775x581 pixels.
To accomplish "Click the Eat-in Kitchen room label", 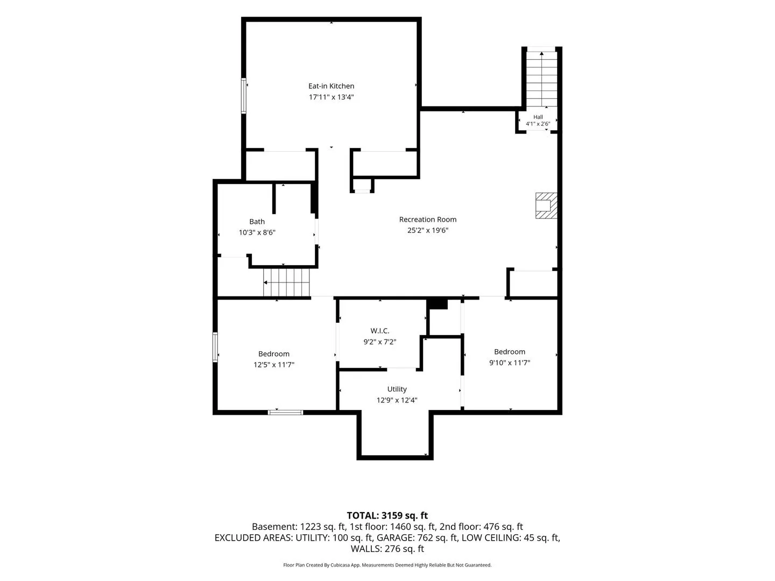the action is [x=331, y=86].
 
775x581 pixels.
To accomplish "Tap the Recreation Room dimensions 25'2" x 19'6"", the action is [x=427, y=230].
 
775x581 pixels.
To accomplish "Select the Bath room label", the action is [x=257, y=222].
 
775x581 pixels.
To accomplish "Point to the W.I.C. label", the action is [x=379, y=330].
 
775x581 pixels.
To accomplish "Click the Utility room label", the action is [x=397, y=389].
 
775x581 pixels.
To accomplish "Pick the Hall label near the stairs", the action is [x=538, y=117].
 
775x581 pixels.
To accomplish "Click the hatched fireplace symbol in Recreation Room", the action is [x=546, y=206].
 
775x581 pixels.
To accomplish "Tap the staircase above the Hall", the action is [x=541, y=79].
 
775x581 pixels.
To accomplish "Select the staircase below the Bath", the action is [x=286, y=282].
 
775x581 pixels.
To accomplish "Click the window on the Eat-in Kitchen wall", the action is [x=243, y=96].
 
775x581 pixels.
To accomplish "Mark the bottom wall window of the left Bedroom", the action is [x=285, y=413].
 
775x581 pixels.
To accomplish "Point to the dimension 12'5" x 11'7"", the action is [x=273, y=364].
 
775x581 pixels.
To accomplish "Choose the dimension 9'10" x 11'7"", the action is [x=510, y=362].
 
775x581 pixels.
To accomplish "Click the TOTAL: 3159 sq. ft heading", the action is [x=387, y=515].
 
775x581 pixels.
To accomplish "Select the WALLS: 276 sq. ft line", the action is [x=387, y=549].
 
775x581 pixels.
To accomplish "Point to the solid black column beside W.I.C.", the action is [x=437, y=304].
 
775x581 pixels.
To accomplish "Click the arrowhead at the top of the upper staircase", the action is [x=541, y=53].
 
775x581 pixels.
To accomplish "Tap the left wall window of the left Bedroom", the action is [x=215, y=347].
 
